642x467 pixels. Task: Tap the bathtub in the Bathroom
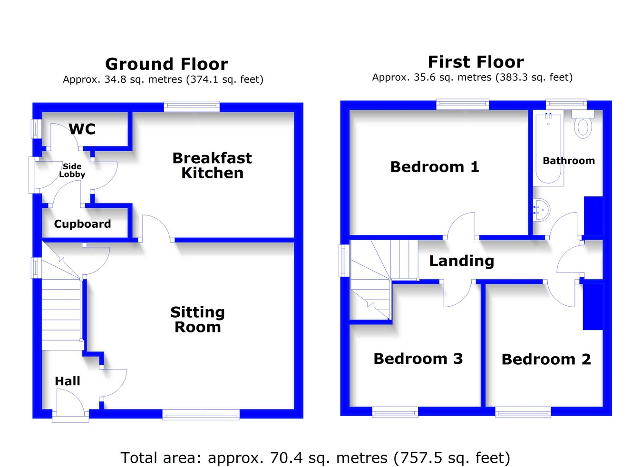(x=549, y=148)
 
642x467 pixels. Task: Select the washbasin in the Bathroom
(x=541, y=210)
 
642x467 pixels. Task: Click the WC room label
(x=82, y=129)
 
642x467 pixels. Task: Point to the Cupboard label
(x=82, y=224)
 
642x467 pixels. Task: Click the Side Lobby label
(x=72, y=170)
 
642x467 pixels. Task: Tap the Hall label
(x=68, y=381)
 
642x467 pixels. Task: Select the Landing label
(x=461, y=261)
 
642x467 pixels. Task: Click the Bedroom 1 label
(x=435, y=167)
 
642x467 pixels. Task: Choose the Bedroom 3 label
(x=418, y=359)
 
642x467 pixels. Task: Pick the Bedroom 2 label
(x=546, y=359)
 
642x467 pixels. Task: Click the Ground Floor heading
(x=166, y=64)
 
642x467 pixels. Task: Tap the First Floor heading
(x=476, y=62)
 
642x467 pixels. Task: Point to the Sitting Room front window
(x=201, y=415)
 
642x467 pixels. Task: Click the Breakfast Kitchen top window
(x=192, y=107)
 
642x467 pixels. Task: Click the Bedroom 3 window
(x=395, y=412)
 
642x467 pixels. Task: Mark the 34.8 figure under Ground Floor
(x=115, y=79)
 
